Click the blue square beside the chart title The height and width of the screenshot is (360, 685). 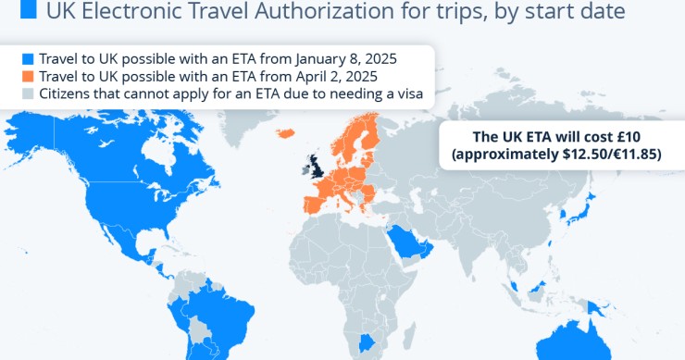[x=29, y=11]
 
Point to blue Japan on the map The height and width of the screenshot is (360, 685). [x=584, y=213]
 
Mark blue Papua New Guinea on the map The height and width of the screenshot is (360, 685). [x=597, y=306]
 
